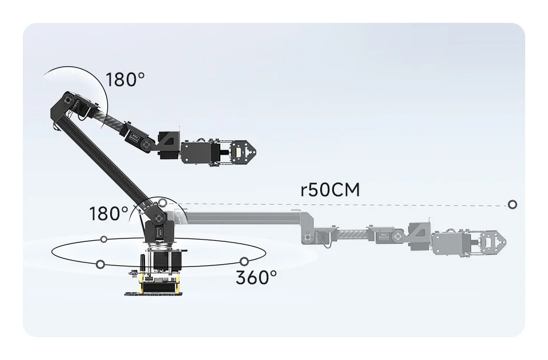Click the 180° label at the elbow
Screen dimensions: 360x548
tap(122, 80)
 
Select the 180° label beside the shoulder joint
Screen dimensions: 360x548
tap(108, 214)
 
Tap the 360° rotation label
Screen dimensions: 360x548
tap(256, 278)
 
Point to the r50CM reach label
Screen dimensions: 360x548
tap(330, 190)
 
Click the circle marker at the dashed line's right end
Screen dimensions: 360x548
tap(513, 204)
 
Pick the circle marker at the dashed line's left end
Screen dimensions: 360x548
tap(163, 203)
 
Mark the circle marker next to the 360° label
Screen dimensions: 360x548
tap(244, 261)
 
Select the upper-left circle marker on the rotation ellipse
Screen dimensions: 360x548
tap(104, 239)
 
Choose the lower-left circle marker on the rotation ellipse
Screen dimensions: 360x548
tap(100, 264)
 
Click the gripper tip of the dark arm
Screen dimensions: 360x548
tap(251, 151)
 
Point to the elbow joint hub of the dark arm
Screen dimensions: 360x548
tap(69, 100)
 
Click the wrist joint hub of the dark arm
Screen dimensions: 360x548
tap(146, 145)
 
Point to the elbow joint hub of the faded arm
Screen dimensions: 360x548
tap(309, 237)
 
